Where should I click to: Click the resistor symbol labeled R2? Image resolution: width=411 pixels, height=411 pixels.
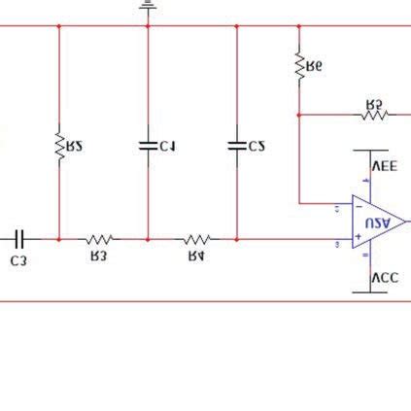(59, 147)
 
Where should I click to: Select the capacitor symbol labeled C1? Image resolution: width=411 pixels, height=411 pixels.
(148, 146)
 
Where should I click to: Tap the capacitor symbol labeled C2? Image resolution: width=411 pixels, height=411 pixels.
(236, 146)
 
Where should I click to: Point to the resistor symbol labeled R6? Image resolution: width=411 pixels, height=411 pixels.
(299, 65)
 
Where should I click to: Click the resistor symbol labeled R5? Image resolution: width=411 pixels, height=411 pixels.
(374, 115)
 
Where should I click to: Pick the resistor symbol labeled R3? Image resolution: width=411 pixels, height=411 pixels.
(98, 238)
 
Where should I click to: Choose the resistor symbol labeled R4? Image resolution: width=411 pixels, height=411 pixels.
(197, 238)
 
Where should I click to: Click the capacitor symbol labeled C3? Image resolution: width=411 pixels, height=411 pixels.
(20, 238)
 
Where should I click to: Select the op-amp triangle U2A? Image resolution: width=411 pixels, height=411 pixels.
(377, 223)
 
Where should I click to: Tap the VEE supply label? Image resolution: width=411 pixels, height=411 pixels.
(386, 166)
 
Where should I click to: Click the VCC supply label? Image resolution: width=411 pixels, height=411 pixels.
(386, 278)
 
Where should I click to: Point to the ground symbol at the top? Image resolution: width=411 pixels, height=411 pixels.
(148, 6)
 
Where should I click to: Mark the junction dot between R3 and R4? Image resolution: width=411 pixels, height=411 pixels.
(148, 238)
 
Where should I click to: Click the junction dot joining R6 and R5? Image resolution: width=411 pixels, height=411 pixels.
(299, 115)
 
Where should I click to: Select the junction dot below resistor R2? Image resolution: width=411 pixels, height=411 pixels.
(59, 238)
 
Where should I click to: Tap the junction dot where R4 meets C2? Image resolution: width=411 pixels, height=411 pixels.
(236, 238)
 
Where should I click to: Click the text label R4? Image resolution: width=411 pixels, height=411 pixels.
(196, 257)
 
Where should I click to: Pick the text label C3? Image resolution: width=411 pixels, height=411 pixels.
(18, 260)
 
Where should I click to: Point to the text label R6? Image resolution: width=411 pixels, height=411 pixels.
(314, 66)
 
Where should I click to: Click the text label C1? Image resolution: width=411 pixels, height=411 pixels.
(167, 147)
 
